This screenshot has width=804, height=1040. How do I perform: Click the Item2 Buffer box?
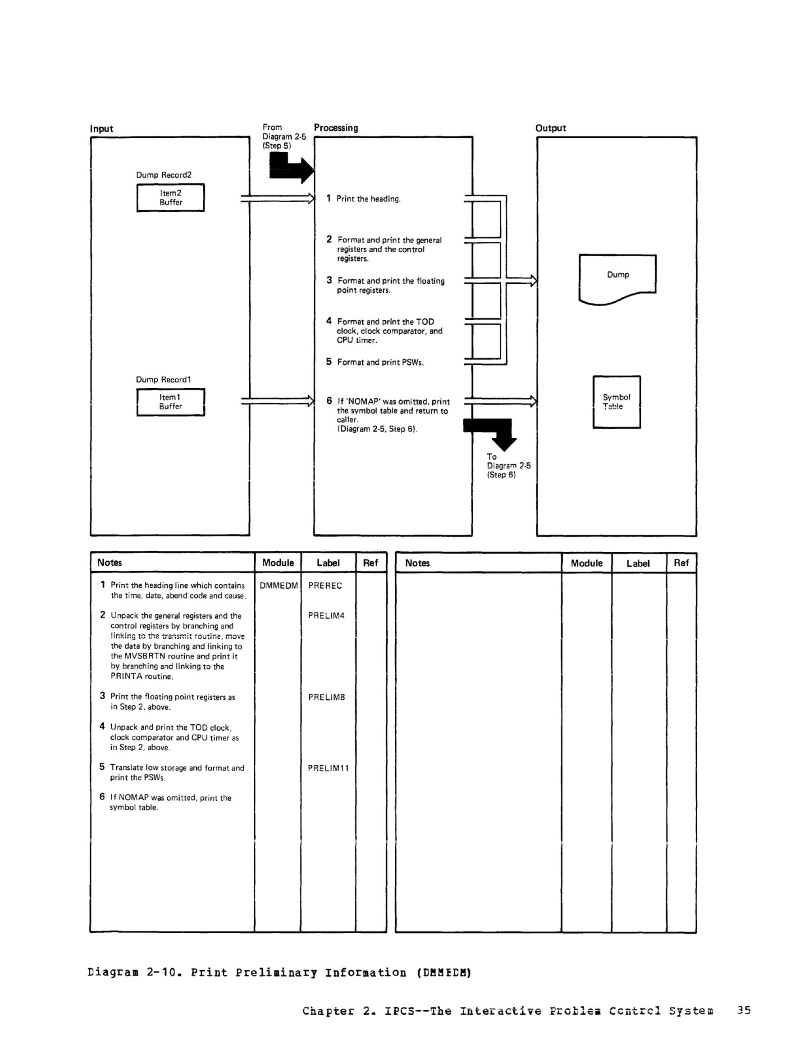171,198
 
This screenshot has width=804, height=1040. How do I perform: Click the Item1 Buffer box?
171,402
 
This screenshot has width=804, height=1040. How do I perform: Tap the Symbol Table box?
616,402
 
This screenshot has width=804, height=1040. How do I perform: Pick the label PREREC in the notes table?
325,586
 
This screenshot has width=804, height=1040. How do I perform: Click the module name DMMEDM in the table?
279,586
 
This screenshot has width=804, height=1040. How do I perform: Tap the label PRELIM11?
328,768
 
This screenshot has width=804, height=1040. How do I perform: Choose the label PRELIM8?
326,697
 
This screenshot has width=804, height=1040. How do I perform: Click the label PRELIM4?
326,616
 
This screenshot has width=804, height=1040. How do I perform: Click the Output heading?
550,128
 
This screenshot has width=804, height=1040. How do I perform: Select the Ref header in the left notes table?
370,563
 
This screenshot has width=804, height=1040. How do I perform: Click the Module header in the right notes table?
586,563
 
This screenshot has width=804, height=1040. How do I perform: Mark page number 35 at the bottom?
744,1010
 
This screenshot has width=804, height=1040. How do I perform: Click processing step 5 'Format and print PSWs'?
379,363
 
